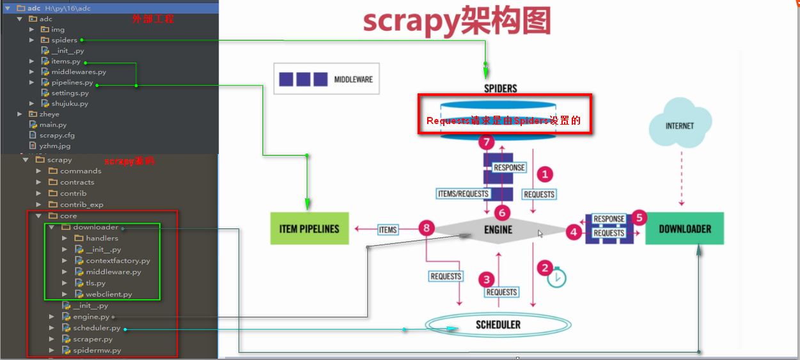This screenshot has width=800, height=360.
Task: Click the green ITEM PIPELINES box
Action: [310, 228]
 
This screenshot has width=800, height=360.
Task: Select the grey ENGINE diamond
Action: [498, 230]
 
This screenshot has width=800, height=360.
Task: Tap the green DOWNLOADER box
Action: [684, 228]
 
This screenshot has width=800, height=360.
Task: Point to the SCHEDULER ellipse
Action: [498, 325]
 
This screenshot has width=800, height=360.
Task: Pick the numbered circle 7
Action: [487, 143]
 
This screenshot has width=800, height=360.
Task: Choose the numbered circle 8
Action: [427, 228]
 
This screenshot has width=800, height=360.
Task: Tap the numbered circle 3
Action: [487, 279]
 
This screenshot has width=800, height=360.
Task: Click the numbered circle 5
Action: [639, 218]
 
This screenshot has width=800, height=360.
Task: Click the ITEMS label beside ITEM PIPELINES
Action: [388, 230]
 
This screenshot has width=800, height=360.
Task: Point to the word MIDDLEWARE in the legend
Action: [353, 80]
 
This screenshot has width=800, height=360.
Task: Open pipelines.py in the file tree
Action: [72, 82]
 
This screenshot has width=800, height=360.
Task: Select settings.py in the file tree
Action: [70, 93]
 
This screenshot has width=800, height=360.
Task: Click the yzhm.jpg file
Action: [54, 146]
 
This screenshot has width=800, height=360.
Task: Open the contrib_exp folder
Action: [81, 205]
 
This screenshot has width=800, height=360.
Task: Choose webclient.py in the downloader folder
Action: [109, 294]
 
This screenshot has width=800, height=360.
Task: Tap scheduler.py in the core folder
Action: [97, 328]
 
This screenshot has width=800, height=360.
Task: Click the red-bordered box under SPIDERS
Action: [505, 114]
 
